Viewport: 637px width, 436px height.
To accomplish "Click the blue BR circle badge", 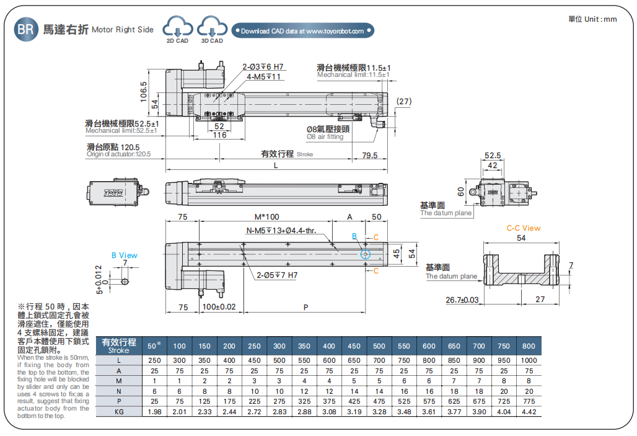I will point(26,29).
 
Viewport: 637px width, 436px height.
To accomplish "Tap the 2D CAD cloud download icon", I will point(177,29).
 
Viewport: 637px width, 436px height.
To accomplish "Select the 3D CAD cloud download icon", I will point(212,29).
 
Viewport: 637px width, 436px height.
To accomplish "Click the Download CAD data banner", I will point(302,30).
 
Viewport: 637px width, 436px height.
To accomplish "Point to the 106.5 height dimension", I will point(144,92).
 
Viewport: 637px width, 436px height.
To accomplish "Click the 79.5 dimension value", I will point(369,155).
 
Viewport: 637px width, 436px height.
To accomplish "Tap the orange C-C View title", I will point(523,228).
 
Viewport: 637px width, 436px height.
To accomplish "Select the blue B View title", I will point(125,255).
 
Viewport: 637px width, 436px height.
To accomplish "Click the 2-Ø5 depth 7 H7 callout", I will point(278,275).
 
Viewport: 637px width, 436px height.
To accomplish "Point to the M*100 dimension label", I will point(266,216).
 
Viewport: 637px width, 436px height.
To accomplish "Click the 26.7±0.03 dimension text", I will point(462,300).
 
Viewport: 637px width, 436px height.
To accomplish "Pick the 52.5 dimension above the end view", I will point(493,156).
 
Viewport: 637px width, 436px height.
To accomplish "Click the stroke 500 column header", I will point(379,346).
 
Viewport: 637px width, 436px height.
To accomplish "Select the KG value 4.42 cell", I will point(529,411).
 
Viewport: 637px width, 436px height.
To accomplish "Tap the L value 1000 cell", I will point(529,360).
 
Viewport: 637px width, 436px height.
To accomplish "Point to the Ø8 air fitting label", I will point(328,133).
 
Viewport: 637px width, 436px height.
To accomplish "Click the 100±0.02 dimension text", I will point(219,307).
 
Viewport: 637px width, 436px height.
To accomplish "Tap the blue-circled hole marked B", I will point(366,254).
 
